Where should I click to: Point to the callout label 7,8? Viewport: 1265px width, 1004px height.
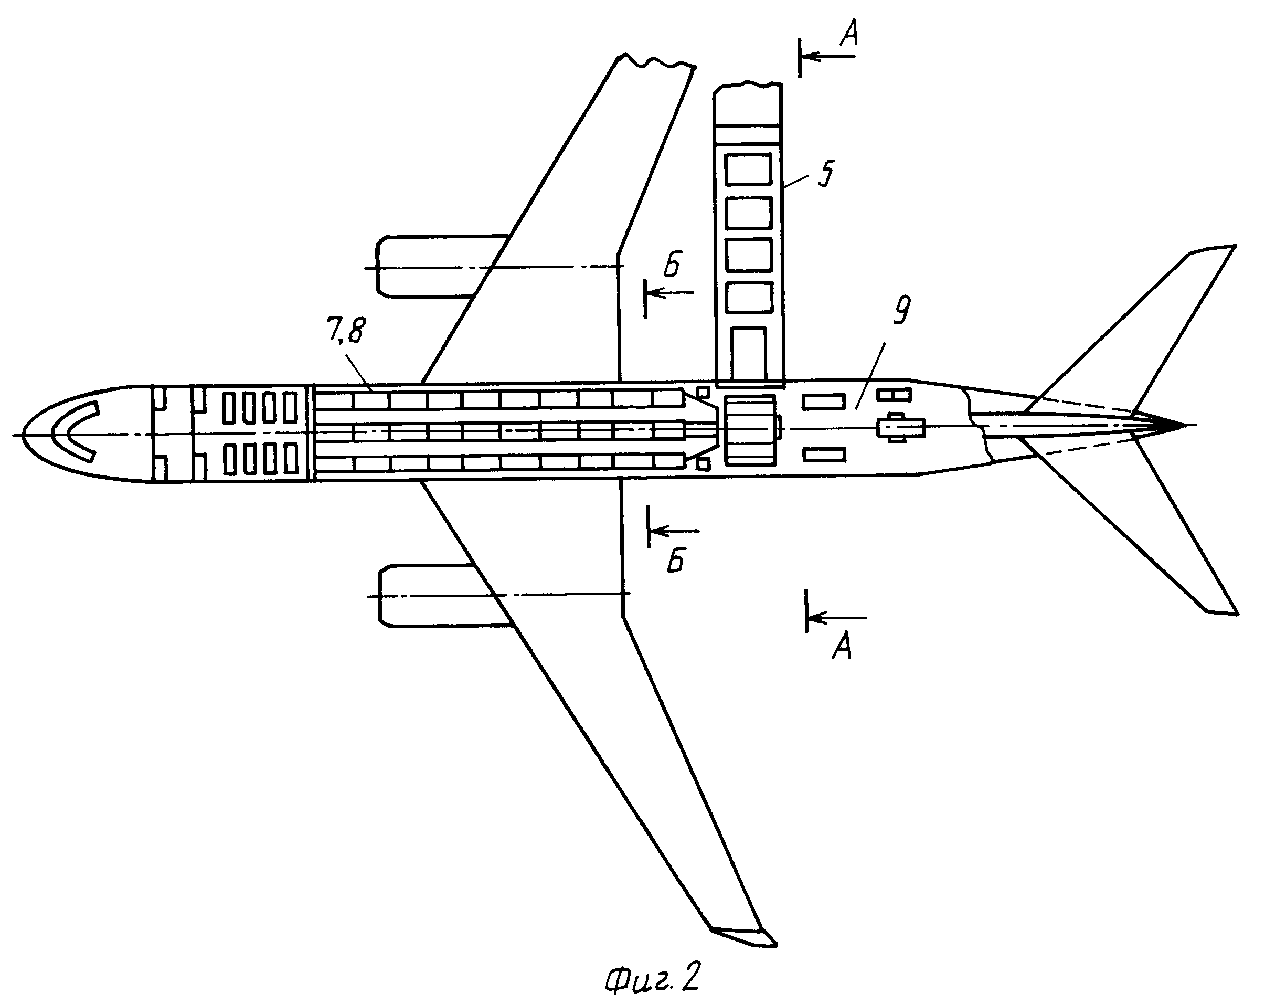345,331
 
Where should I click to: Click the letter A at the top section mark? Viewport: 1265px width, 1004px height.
849,34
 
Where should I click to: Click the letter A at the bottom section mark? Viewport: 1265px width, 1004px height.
843,648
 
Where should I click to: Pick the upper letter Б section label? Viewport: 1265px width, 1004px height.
673,265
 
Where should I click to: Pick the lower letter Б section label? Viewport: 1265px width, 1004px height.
676,562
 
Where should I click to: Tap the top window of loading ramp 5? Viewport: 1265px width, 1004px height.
748,169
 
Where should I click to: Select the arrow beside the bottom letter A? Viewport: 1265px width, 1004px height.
837,617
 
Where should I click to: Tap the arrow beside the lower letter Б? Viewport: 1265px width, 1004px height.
675,531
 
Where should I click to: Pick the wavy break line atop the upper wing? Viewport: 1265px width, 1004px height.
656,61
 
